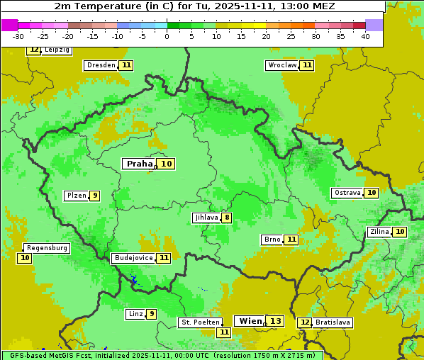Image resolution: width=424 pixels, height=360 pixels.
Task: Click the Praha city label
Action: [139, 164]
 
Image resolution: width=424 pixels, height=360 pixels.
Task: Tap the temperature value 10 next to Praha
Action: [167, 164]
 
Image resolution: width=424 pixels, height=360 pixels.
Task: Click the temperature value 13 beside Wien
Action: [276, 321]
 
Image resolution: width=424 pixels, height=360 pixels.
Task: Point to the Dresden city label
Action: [101, 65]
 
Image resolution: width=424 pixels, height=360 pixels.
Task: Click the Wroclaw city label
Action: [281, 65]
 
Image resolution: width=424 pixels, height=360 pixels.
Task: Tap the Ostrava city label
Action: [347, 193]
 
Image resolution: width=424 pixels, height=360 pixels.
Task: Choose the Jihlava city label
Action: [206, 218]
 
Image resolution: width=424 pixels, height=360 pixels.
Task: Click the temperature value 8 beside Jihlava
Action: [227, 218]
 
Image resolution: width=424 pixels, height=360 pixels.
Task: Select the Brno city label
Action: [272, 240]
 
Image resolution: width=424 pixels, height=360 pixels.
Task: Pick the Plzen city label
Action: [76, 196]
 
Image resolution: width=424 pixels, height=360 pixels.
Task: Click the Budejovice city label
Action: [133, 258]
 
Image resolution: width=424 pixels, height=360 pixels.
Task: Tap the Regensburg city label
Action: [47, 248]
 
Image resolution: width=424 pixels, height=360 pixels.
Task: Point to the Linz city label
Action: [135, 314]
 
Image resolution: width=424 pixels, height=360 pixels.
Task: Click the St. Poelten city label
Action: [199, 322]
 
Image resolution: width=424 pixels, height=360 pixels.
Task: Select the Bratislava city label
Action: [333, 322]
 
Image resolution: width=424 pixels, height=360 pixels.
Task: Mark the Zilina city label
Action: [379, 232]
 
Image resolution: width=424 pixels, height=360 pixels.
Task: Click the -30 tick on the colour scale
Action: [18, 36]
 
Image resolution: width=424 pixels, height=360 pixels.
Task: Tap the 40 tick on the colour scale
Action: [365, 36]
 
